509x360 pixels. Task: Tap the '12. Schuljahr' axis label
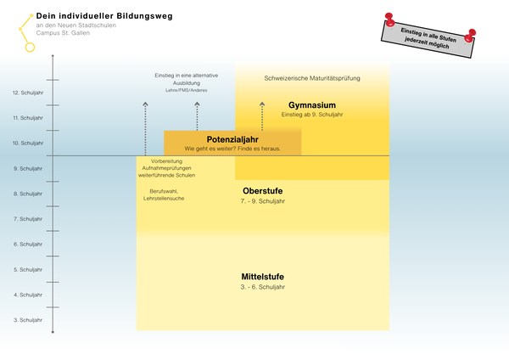[28, 93]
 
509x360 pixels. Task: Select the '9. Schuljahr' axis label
[29, 168]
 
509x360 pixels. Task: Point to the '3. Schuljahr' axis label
[29, 320]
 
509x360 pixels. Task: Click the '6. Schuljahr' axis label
[29, 245]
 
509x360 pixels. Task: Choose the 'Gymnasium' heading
[311, 105]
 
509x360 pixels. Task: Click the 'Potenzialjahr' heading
[232, 139]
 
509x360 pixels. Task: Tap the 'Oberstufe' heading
[263, 190]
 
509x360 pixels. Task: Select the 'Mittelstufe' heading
[262, 277]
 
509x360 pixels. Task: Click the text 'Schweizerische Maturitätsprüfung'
[312, 78]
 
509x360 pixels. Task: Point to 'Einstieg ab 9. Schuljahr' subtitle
[311, 115]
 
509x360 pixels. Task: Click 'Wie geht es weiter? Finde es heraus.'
[232, 149]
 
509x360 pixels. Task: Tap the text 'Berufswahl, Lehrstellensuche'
[166, 194]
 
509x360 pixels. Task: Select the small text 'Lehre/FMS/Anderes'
[187, 90]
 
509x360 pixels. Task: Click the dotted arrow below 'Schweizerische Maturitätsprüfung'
[262, 115]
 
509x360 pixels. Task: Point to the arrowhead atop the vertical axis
[53, 56]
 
